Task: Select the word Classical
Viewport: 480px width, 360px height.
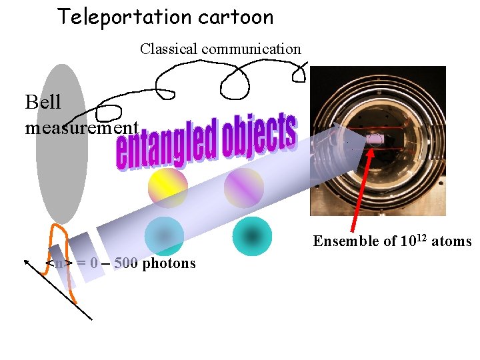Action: point(169,49)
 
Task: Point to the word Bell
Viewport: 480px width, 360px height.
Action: point(43,102)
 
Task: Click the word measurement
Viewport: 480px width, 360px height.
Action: point(81,127)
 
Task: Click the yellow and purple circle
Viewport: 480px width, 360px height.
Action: point(167,187)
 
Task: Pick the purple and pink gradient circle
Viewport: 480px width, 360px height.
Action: point(244,187)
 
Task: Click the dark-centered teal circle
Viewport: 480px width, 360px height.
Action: point(252,236)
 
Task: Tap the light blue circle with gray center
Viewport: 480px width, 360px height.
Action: point(163,237)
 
